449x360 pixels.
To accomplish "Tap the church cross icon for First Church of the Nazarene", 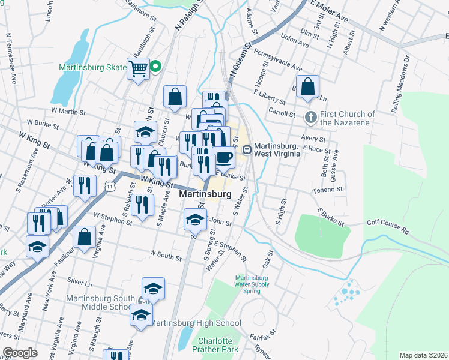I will pyautogui.click(x=310, y=116).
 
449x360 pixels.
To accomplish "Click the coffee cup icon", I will pyautogui.click(x=224, y=157).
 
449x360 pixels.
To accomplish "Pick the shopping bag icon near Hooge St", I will pyautogui.click(x=307, y=86).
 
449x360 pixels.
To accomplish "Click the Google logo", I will pyautogui.click(x=19, y=353).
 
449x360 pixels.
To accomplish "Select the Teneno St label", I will pyautogui.click(x=327, y=190).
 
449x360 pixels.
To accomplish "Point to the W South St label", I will pyautogui.click(x=166, y=257).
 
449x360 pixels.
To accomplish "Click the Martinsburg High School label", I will pyautogui.click(x=194, y=323).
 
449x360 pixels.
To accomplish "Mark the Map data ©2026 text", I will pyautogui.click(x=424, y=355).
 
